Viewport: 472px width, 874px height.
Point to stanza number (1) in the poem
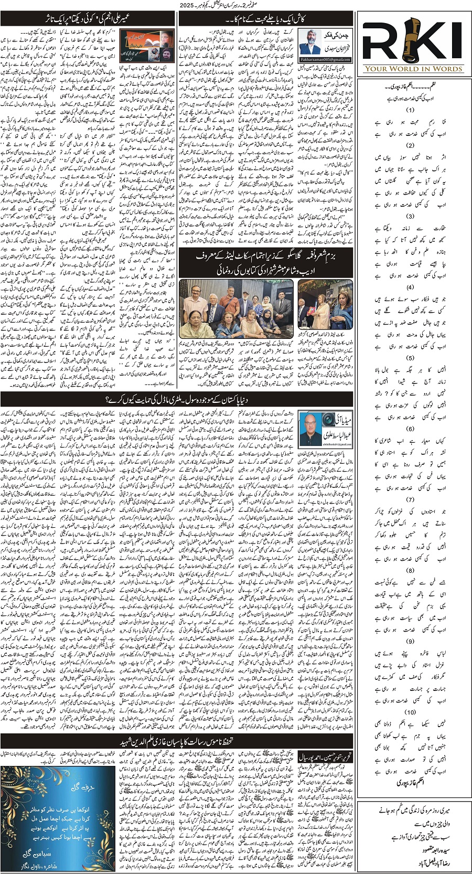tap(410, 110)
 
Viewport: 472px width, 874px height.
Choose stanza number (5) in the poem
tap(410, 358)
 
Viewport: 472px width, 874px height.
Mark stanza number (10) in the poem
tap(410, 711)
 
